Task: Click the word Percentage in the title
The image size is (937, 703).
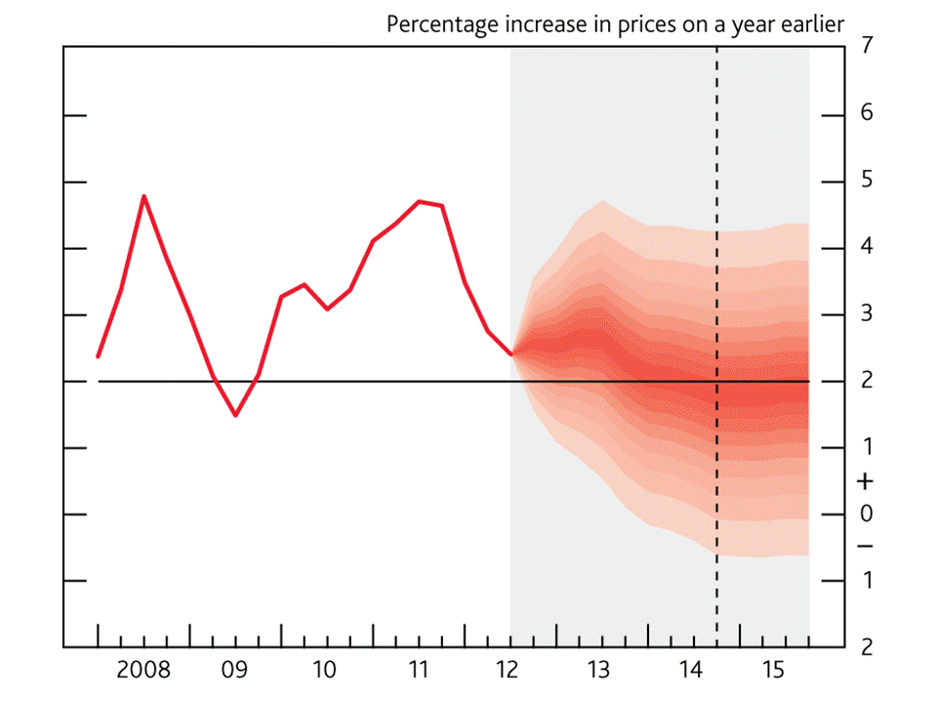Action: pos(440,24)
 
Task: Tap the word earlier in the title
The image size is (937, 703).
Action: pos(809,23)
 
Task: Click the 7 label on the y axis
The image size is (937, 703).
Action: pos(867,46)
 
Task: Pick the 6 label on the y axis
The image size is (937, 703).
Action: pos(867,114)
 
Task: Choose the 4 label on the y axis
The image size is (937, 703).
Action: pos(867,247)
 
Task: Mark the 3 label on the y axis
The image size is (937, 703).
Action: pos(867,313)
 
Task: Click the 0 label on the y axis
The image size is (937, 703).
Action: pos(867,514)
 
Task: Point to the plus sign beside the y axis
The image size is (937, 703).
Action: pos(865,481)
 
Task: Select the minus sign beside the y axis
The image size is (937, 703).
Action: pos(865,546)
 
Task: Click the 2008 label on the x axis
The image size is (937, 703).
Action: pos(143,671)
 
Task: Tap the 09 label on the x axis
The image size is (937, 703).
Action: pos(234,671)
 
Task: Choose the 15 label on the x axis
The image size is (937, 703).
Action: pos(774,671)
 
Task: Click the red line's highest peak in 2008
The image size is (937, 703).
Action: pos(144,196)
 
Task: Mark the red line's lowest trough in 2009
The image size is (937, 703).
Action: pos(235,415)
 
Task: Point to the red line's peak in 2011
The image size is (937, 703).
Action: pos(420,201)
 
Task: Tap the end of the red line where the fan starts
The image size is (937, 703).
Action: pos(510,354)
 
